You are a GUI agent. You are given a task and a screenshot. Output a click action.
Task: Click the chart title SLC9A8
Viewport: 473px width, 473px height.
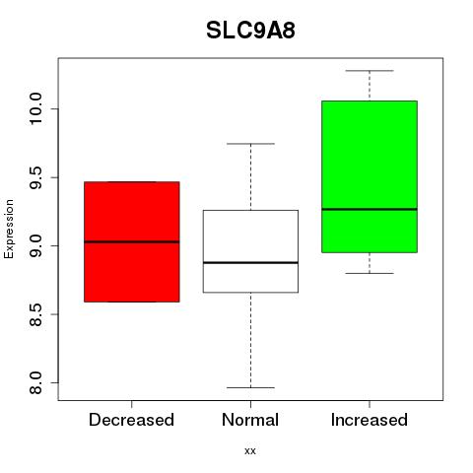250,31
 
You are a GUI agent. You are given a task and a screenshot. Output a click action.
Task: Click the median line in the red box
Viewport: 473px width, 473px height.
132,241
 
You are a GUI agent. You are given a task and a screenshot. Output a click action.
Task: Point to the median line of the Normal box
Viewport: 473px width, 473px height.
250,263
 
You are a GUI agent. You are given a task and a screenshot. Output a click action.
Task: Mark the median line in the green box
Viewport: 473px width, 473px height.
370,209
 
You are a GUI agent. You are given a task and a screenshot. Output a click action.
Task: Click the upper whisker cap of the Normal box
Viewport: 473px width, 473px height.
250,144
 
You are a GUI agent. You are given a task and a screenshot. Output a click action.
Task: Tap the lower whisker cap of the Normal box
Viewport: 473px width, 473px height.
250,387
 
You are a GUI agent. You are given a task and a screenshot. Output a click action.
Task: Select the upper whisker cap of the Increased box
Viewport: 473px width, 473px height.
370,71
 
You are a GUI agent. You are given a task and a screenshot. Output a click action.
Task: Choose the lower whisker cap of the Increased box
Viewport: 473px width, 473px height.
370,273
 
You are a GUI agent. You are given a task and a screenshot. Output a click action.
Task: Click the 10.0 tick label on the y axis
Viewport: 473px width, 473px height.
35,108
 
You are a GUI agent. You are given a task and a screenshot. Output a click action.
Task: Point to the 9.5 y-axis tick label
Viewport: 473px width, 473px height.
35,177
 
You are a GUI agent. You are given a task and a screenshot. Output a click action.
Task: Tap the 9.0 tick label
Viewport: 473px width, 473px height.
35,245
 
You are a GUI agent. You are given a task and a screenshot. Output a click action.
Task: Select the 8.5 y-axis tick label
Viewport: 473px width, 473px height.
35,314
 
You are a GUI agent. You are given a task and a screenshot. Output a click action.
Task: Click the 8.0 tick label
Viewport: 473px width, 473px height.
35,382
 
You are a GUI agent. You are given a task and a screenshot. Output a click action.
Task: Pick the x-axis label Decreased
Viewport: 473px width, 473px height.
131,420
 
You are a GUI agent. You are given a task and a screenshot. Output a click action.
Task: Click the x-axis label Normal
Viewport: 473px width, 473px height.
250,420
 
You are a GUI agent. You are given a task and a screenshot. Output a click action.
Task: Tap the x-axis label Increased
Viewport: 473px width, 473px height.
370,420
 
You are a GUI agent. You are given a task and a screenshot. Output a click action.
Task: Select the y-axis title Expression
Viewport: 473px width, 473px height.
9,229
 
